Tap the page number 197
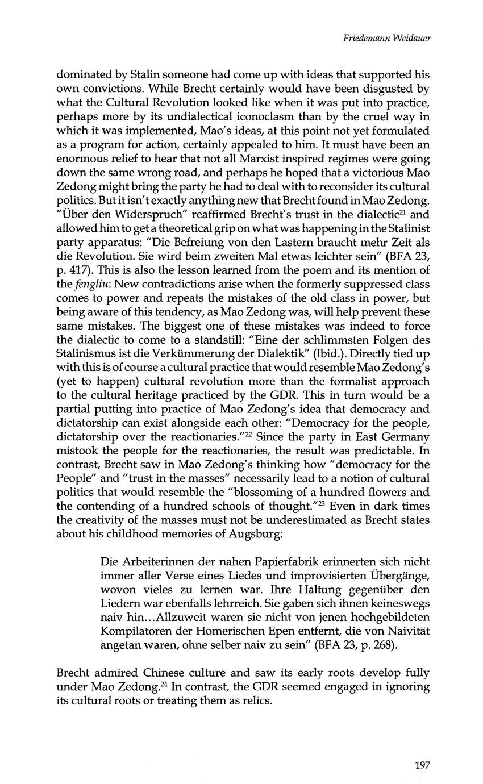[x=422, y=764]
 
